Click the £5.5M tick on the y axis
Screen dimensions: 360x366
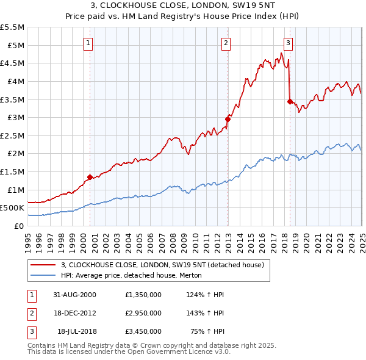pyautogui.click(x=12, y=27)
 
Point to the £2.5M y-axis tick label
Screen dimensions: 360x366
pyautogui.click(x=12, y=135)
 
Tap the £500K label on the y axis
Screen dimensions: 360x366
pyautogui.click(x=12, y=208)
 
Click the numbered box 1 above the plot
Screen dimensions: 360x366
pyautogui.click(x=89, y=43)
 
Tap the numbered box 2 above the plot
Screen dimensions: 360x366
pyautogui.click(x=226, y=43)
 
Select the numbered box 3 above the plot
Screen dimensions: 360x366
pyautogui.click(x=288, y=43)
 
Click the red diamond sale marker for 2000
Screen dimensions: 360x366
pyautogui.click(x=90, y=177)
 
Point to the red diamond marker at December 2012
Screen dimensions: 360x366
pyautogui.click(x=228, y=120)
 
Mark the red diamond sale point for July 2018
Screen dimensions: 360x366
pyautogui.click(x=290, y=101)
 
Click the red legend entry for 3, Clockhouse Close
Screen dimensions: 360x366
pyautogui.click(x=162, y=265)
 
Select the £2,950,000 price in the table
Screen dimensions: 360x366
pyautogui.click(x=142, y=313)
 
